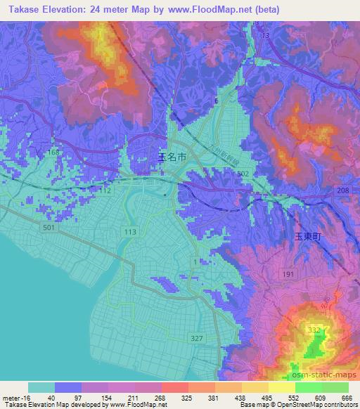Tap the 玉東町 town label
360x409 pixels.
(x=307, y=238)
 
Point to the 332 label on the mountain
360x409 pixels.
(x=313, y=329)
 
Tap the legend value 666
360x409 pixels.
(x=345, y=397)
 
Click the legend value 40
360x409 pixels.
(x=51, y=397)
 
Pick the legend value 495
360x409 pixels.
(x=266, y=397)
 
